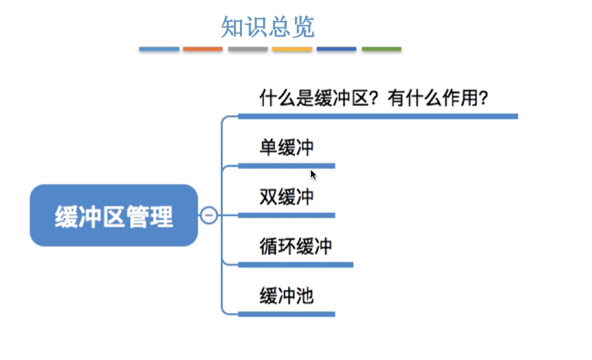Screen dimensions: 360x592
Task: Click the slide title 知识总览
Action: tap(268, 27)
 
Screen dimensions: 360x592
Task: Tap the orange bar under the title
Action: tap(203, 49)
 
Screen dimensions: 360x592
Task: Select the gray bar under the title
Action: tap(248, 49)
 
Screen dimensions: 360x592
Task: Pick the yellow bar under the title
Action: tap(292, 49)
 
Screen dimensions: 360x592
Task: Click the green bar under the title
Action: tap(381, 49)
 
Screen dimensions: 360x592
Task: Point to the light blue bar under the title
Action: tap(159, 49)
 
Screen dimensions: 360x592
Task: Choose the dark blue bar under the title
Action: tap(336, 49)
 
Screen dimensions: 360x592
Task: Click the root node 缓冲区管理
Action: tap(114, 216)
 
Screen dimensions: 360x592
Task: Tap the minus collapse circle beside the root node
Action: tap(209, 215)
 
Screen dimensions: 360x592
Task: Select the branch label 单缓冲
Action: tap(286, 148)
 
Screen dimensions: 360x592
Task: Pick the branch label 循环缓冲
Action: tap(295, 246)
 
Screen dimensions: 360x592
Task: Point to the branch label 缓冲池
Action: tap(286, 296)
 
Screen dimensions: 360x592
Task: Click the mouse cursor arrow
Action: tap(313, 174)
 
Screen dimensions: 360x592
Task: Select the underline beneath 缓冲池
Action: tap(286, 313)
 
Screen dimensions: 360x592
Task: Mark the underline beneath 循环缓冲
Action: tap(295, 264)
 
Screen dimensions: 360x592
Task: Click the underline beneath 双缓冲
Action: tap(286, 215)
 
